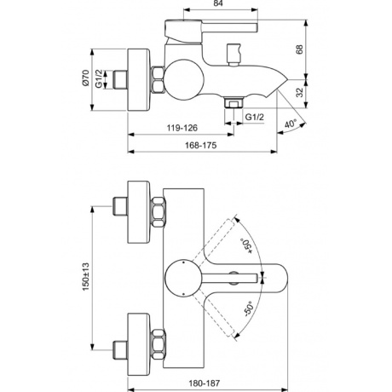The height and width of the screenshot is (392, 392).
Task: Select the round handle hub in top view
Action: pyautogui.click(x=182, y=275)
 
